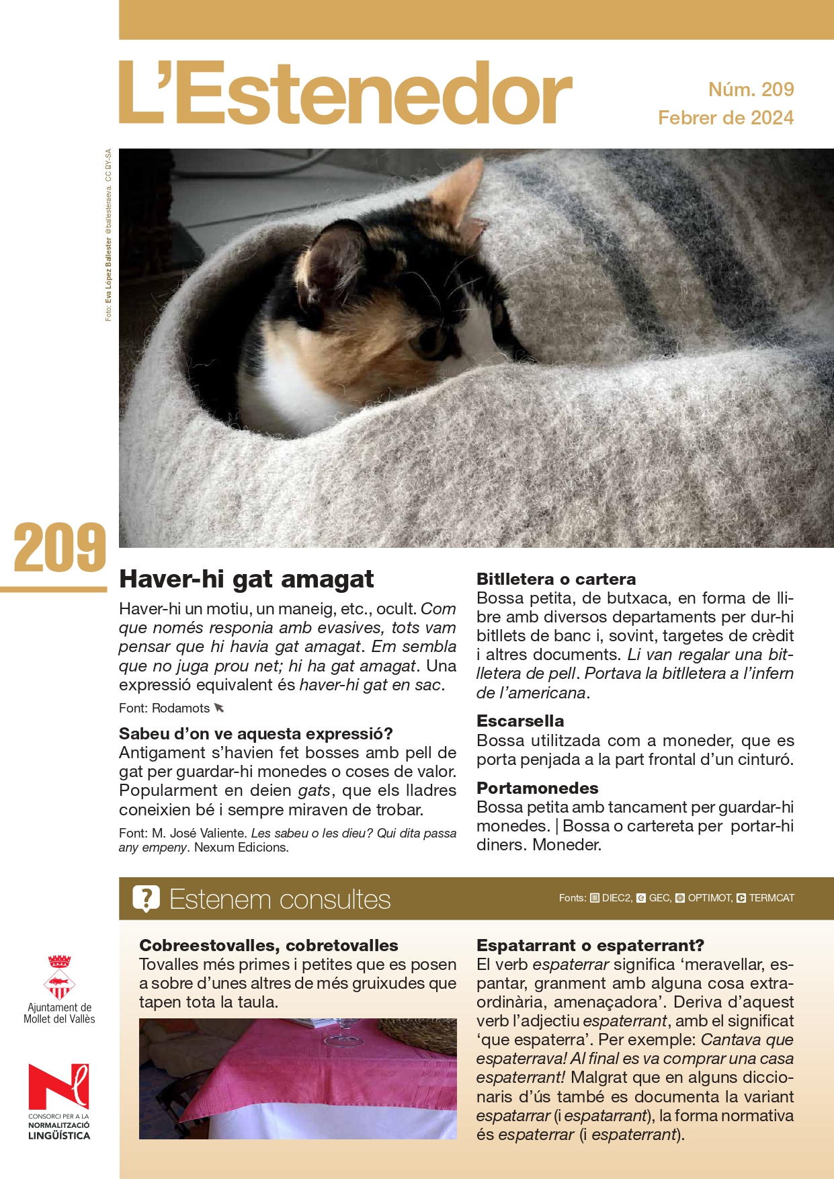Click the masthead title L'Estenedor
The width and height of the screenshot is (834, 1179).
(x=345, y=94)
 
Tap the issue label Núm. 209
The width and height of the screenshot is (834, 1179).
(x=751, y=89)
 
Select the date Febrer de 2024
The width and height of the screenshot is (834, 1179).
(x=726, y=118)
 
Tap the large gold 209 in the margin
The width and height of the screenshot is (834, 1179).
(x=60, y=548)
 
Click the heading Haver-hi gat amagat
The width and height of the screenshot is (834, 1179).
(x=246, y=579)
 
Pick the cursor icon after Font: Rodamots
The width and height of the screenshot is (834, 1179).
(x=219, y=708)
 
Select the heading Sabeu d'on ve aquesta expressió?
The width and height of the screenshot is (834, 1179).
(x=255, y=733)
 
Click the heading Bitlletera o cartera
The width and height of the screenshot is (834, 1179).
(x=556, y=579)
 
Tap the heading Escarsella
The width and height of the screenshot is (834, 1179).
(x=520, y=721)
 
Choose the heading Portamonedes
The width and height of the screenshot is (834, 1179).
(x=537, y=788)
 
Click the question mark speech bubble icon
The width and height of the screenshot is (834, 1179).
(x=146, y=899)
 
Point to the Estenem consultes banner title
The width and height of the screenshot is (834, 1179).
(x=280, y=899)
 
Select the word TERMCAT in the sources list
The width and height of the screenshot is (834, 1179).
(x=772, y=898)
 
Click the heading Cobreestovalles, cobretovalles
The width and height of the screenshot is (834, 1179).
(x=268, y=945)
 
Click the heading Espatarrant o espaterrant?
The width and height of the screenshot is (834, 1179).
(x=590, y=945)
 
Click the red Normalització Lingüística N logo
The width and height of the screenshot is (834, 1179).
(x=58, y=1086)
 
